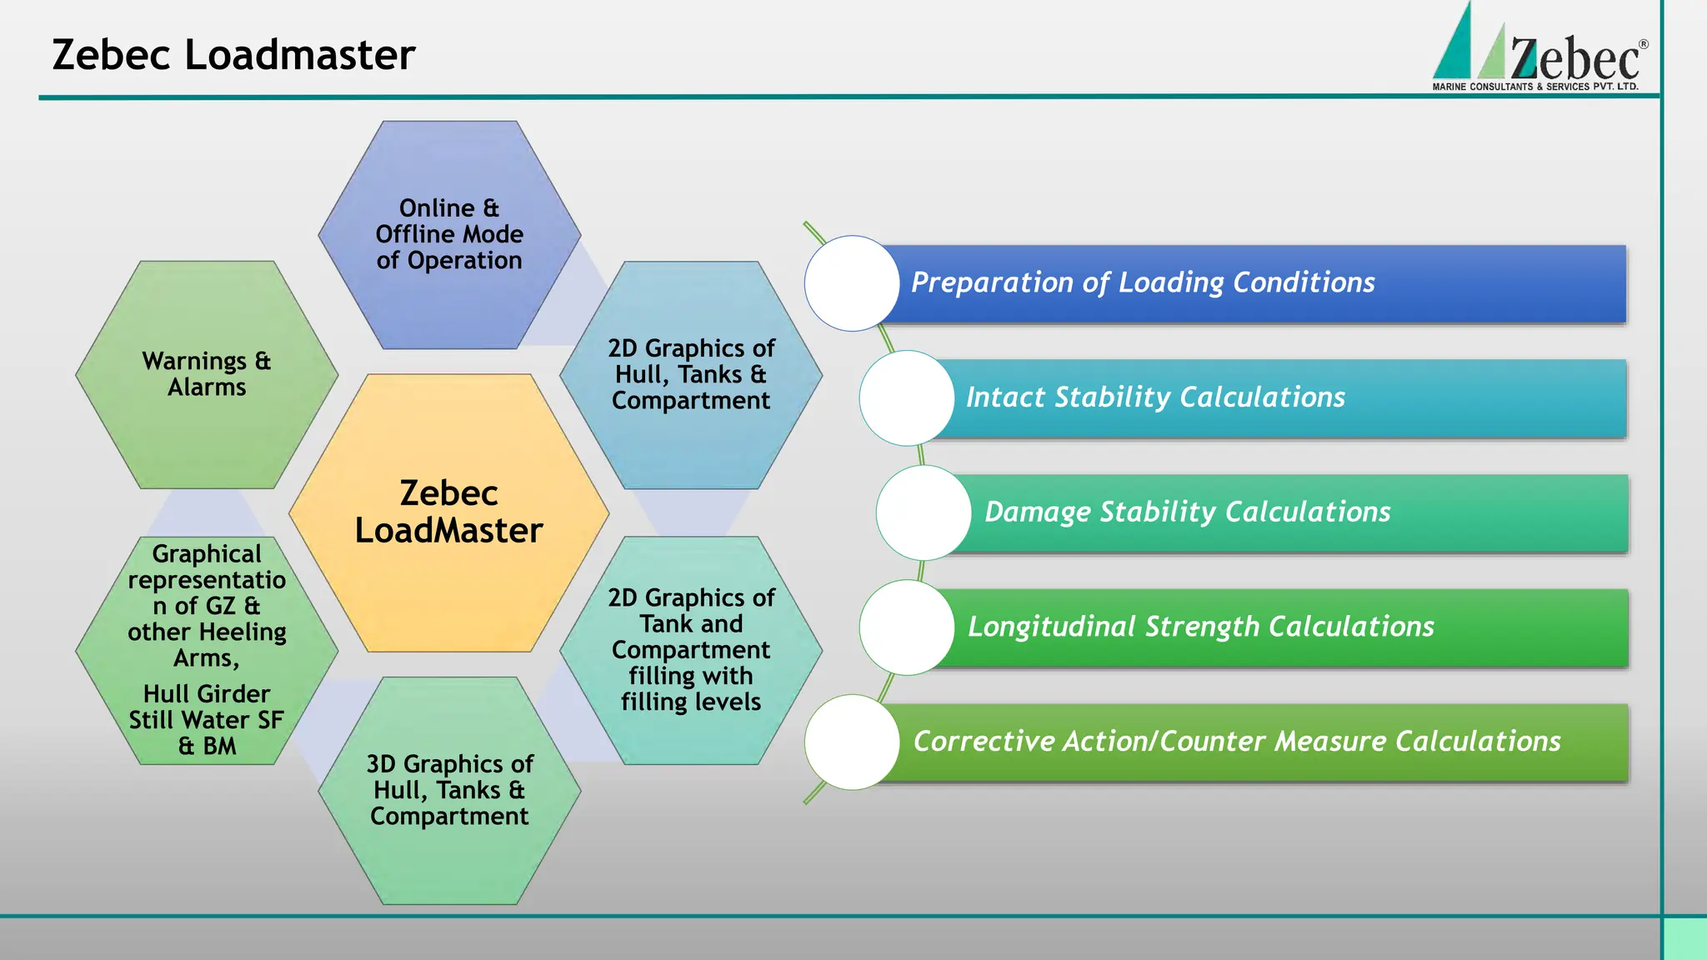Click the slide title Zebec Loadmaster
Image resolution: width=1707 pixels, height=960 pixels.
coord(233,55)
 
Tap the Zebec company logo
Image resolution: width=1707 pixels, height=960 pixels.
coord(1538,50)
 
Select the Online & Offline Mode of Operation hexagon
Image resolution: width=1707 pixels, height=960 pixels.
coord(449,234)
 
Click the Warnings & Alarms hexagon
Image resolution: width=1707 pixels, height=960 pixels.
coord(207,374)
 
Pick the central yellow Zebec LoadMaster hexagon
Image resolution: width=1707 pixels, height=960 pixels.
coord(448,512)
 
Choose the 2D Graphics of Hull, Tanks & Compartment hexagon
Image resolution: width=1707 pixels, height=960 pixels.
coord(691,374)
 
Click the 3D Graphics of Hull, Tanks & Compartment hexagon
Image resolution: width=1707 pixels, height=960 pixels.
coord(449,790)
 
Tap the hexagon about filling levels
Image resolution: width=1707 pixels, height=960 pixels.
coord(691,650)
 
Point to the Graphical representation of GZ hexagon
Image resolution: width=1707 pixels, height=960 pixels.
coord(207,650)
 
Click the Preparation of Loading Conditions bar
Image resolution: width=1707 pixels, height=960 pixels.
coord(1250,283)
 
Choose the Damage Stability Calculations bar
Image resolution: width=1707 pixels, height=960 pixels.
coord(1292,512)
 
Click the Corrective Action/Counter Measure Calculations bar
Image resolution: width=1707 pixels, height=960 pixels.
coord(1250,742)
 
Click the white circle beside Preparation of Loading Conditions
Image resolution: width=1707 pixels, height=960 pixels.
coord(852,283)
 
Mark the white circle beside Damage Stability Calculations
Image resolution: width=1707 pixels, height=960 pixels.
coord(924,512)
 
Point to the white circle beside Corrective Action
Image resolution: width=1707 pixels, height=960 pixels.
coord(852,742)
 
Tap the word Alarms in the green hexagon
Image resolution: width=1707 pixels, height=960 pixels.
coord(207,387)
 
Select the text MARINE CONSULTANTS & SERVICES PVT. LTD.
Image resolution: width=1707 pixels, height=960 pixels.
coord(1535,87)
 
